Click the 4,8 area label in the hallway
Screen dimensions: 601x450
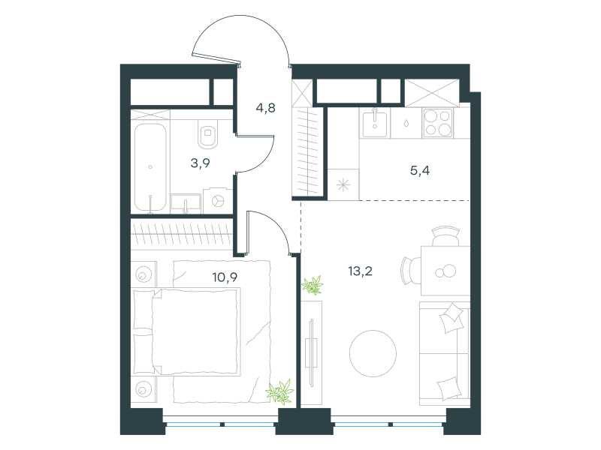(x=266, y=108)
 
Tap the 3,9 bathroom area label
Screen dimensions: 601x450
(x=200, y=163)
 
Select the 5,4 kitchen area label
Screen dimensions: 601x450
(x=420, y=170)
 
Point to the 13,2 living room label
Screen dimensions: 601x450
(x=360, y=271)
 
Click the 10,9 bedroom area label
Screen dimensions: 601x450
(x=225, y=277)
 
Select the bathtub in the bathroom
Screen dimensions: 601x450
(x=150, y=167)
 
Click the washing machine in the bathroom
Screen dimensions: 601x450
(x=218, y=200)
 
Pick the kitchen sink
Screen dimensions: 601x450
(x=375, y=122)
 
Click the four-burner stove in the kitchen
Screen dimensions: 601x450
(x=438, y=123)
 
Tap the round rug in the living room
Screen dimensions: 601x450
(x=373, y=353)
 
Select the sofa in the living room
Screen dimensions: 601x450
(x=445, y=353)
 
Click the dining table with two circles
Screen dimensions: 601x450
(x=445, y=271)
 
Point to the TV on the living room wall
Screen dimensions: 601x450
(x=311, y=353)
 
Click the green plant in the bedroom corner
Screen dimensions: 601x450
(x=280, y=391)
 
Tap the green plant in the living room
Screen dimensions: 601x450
(x=313, y=286)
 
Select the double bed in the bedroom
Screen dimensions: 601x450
(x=186, y=332)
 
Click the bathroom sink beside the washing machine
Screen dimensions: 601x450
(x=186, y=203)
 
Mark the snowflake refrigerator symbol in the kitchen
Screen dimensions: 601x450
(x=343, y=185)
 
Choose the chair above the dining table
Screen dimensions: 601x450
(x=445, y=236)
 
